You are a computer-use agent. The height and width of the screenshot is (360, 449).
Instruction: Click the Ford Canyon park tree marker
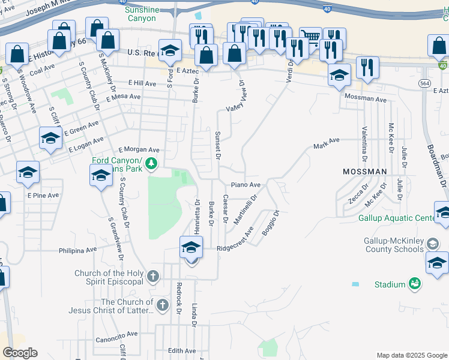point(152,163)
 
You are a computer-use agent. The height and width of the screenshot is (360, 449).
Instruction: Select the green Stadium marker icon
point(414,283)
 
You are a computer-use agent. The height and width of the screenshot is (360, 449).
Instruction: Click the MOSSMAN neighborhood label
point(364,172)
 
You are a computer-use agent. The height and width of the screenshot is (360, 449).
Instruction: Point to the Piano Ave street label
point(246,185)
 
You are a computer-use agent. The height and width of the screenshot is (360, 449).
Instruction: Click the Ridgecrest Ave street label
point(235,239)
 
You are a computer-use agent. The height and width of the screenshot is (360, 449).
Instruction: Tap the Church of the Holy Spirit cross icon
point(153,277)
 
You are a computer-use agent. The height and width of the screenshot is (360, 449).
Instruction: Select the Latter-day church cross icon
point(162,306)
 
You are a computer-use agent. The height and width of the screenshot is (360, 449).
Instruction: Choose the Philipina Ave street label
point(77,250)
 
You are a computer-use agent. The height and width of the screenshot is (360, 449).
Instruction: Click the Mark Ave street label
point(327,143)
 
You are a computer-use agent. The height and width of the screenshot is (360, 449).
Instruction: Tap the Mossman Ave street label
point(366,98)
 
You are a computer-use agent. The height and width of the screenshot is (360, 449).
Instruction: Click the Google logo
point(20,353)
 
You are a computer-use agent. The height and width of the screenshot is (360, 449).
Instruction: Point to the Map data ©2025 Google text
point(412,355)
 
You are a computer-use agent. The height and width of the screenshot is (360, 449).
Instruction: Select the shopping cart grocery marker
point(310,38)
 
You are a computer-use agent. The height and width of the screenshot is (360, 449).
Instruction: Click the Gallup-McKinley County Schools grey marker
point(432,244)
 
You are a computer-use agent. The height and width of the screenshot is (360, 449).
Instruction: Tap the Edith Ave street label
point(182,350)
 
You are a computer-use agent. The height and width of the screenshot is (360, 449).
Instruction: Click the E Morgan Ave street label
point(139,149)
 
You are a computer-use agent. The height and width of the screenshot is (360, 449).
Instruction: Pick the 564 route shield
point(425,83)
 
